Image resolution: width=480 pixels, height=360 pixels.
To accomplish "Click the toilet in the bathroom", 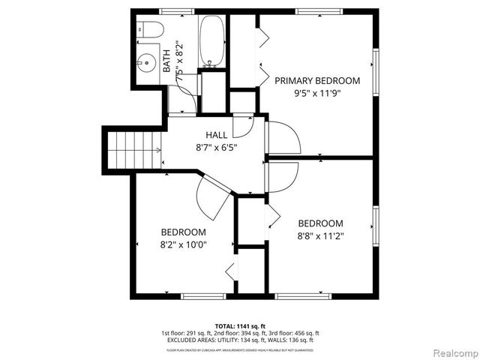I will tap(151, 30).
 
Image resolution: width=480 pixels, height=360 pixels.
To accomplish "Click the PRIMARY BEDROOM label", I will tap(317, 80).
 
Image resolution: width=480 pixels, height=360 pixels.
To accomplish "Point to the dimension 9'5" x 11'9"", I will tap(317, 94).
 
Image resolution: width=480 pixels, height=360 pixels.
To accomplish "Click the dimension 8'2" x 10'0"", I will tap(183, 244).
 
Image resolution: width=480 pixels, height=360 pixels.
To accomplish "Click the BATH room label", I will tap(167, 57).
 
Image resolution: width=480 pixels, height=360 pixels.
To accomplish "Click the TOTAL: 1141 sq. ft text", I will tap(240, 325).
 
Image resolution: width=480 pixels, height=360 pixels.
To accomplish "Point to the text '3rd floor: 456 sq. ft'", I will tap(294, 332).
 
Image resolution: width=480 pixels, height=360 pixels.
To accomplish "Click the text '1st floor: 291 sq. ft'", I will tap(186, 332).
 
